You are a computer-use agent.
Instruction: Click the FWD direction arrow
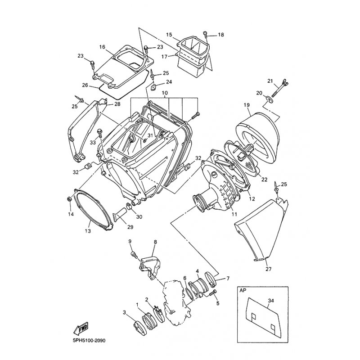pos(81,328)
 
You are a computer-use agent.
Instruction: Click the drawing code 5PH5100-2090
pos(87,341)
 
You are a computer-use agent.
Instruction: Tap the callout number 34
pos(271,301)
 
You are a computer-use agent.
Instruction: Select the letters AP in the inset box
pos(243,290)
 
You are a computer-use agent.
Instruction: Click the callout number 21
pos(270,81)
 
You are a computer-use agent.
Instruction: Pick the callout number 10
pos(165,93)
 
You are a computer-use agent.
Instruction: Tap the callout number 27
pos(268,269)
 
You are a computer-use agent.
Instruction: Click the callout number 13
pos(88,231)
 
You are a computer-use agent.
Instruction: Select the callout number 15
pos(169,35)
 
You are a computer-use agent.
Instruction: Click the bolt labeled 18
pos(206,35)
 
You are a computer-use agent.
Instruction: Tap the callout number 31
pos(150,136)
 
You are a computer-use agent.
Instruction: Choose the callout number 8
pos(155,242)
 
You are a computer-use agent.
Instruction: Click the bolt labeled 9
pos(134,254)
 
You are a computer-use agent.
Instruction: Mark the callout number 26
pos(85,85)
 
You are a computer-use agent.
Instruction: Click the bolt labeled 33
pos(100,133)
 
